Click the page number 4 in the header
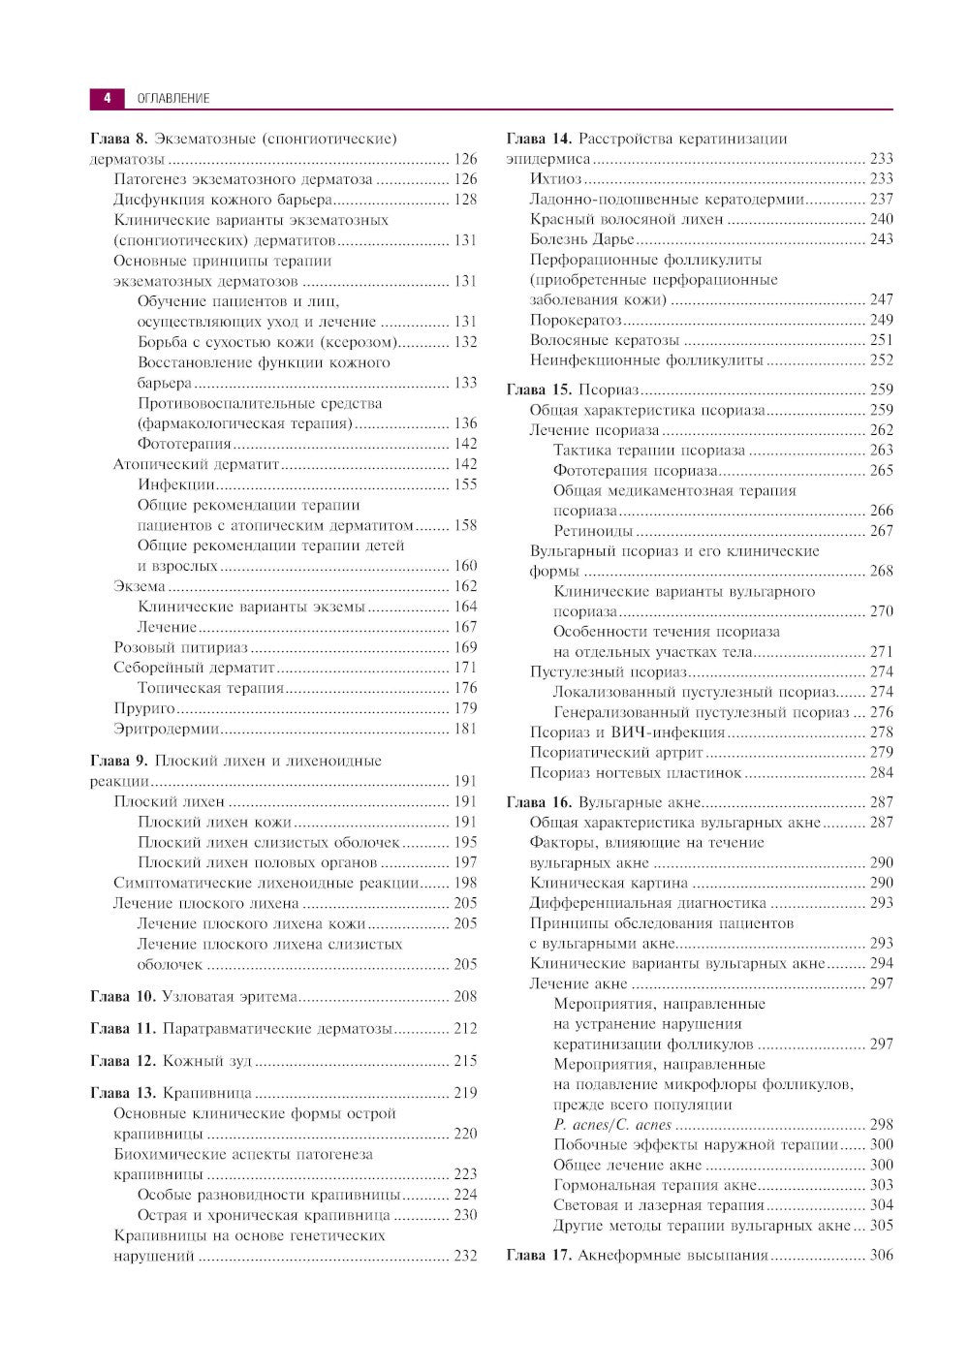tap(107, 98)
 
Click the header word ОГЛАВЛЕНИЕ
tap(173, 98)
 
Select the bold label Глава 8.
tap(118, 140)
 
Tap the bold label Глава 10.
tap(122, 996)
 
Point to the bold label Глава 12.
tap(122, 1061)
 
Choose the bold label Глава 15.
tap(539, 389)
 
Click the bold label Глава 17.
tap(539, 1255)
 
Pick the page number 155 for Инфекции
tap(465, 484)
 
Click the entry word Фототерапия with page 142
tap(184, 444)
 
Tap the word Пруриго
tap(144, 708)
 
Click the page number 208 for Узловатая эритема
tap(465, 996)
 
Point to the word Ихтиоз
tap(555, 178)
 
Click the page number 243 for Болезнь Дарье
tap(881, 239)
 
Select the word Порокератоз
tap(575, 320)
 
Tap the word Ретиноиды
tap(593, 531)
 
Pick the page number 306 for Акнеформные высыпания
tap(881, 1255)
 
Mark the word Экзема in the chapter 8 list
tap(140, 586)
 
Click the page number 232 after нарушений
tap(465, 1256)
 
